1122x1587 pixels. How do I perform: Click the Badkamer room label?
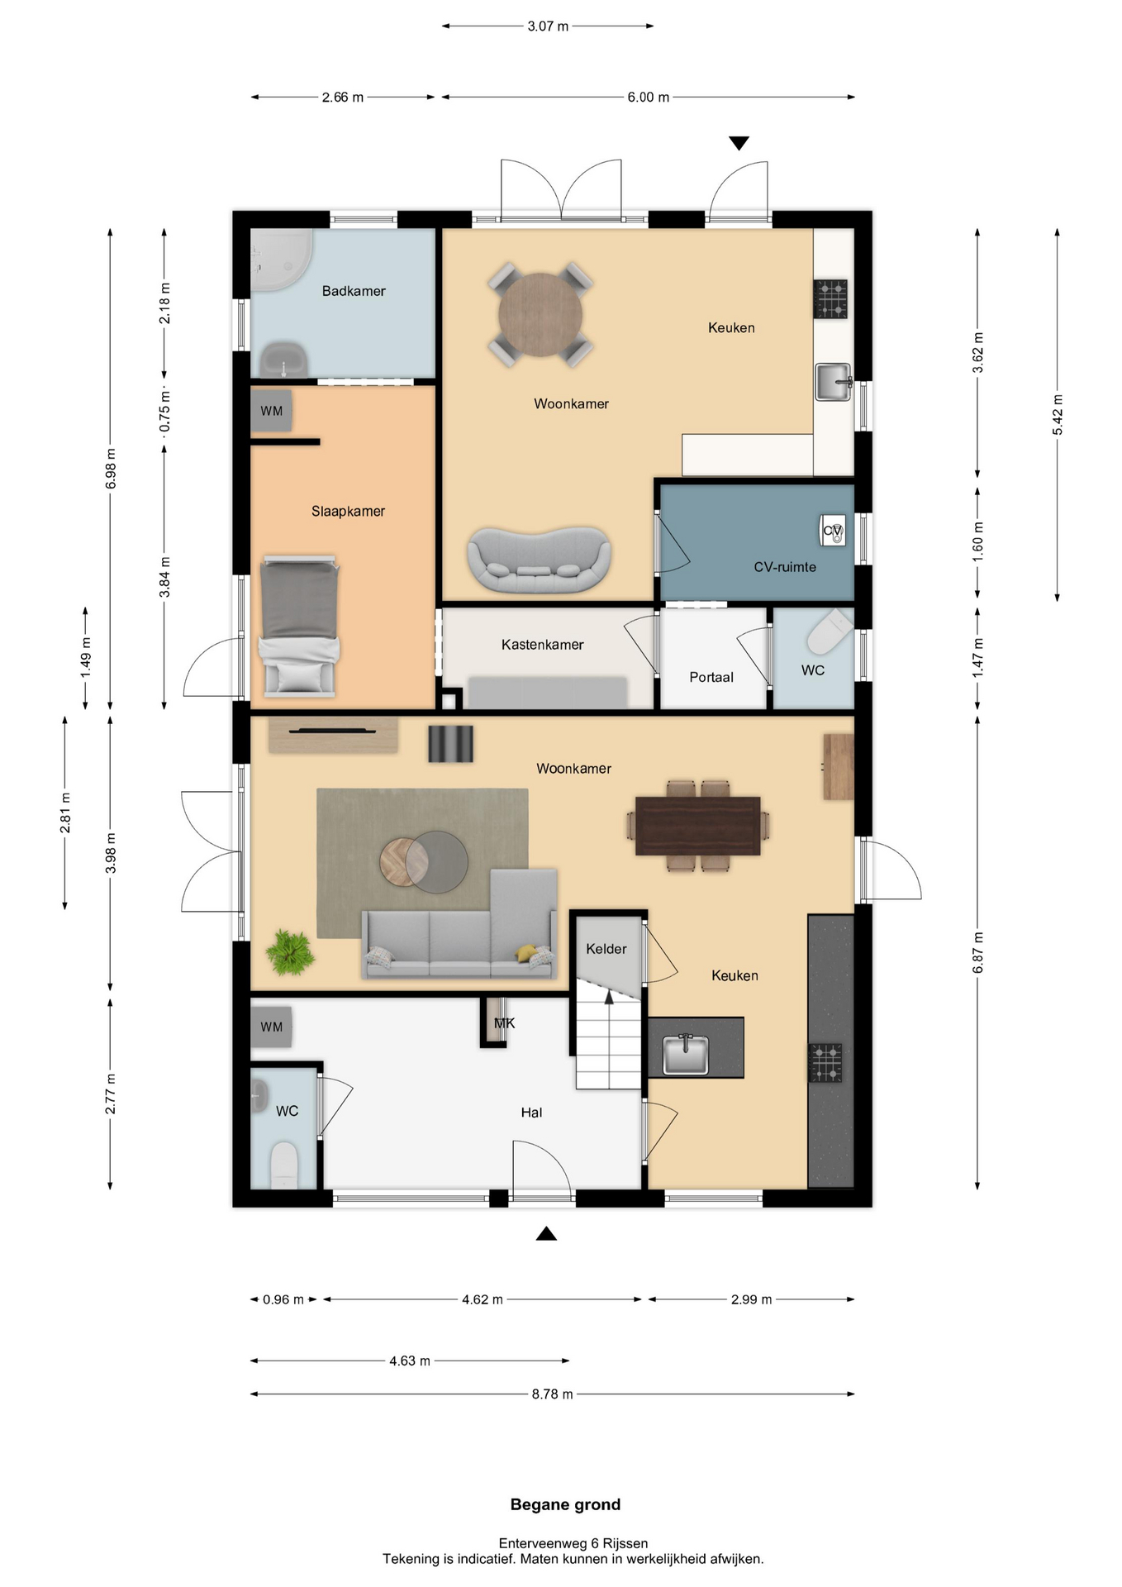point(354,291)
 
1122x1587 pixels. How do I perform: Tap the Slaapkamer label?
point(348,512)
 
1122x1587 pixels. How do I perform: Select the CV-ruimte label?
point(785,567)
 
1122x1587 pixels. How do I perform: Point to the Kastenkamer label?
point(542,645)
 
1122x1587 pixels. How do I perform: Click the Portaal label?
point(711,677)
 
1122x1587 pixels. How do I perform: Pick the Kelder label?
point(606,949)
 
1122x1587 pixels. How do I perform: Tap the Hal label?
point(531,1113)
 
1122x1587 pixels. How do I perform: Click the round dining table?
point(540,315)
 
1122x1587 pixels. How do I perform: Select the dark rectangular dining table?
point(697,826)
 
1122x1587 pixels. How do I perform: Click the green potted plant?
point(290,952)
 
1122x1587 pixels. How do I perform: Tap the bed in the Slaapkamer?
point(299,626)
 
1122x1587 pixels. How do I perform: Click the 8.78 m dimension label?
point(552,1394)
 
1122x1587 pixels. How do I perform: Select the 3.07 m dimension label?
point(548,26)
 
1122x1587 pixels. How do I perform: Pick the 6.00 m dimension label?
point(648,98)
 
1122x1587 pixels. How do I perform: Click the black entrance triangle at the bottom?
point(546,1234)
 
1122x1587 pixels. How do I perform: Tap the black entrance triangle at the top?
point(739,143)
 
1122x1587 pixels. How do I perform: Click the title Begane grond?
point(565,1505)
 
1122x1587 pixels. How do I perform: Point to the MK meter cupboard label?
point(504,1023)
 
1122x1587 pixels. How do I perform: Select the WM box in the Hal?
point(272,1027)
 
